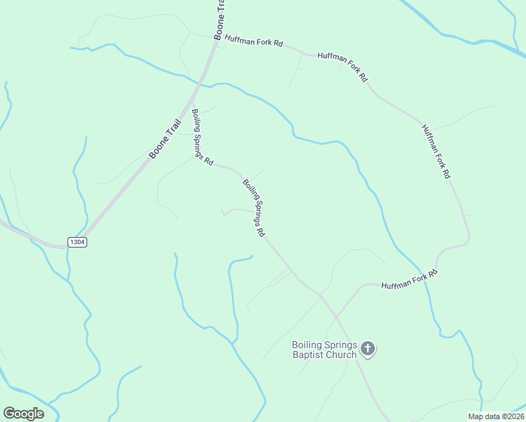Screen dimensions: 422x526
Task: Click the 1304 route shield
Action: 77,242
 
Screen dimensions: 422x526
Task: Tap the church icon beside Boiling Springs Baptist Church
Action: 368,348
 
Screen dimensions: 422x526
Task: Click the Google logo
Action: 23,414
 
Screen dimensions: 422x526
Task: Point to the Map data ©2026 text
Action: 496,416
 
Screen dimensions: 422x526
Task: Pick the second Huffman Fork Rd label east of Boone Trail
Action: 342,67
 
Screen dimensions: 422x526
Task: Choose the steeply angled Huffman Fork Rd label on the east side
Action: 435,151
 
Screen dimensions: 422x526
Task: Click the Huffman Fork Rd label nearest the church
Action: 409,279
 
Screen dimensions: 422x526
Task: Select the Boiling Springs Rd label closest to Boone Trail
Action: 203,136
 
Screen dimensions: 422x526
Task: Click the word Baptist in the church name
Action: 314,354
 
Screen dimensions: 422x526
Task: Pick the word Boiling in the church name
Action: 307,345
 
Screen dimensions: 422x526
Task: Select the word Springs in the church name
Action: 340,345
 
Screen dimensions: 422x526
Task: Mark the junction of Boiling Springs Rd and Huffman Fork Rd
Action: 321,294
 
